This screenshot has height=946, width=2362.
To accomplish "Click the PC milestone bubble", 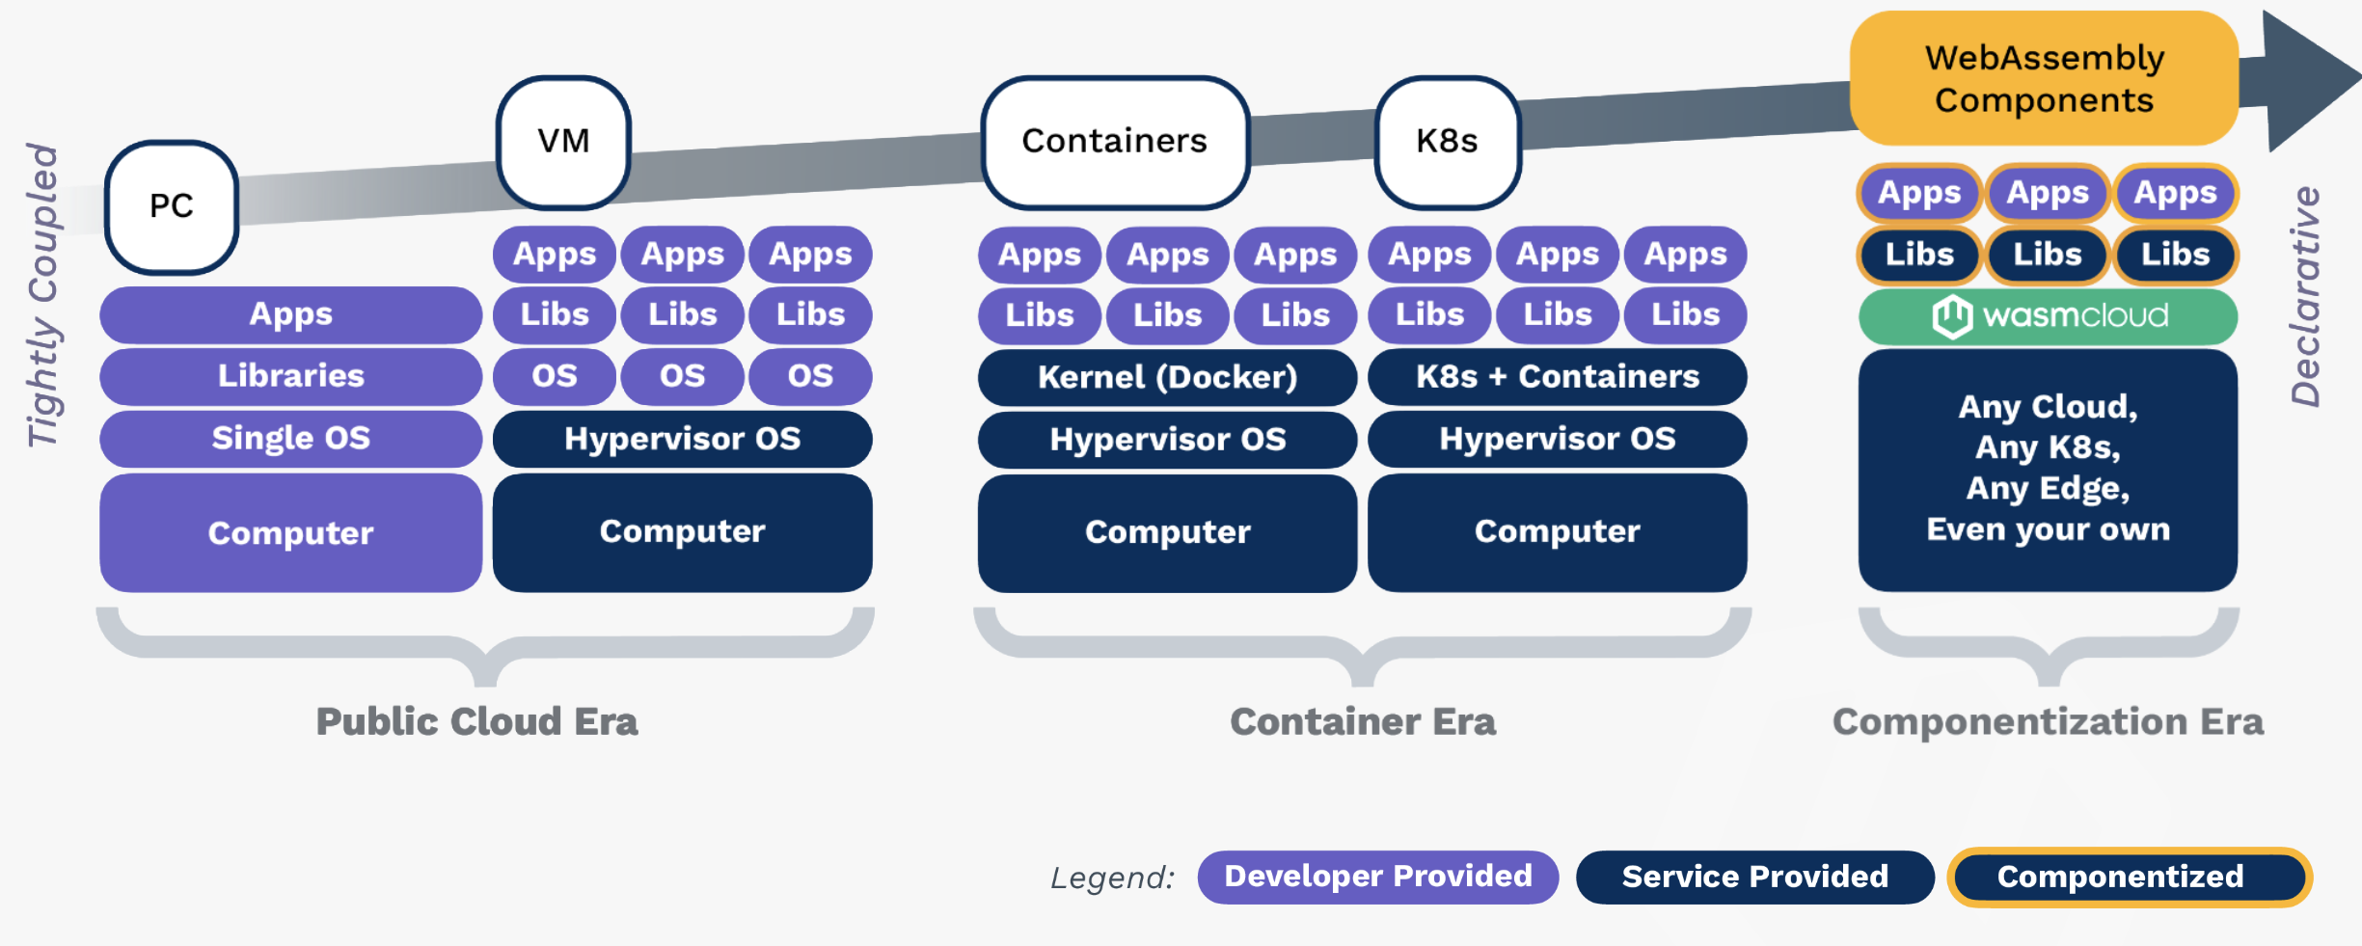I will tap(172, 206).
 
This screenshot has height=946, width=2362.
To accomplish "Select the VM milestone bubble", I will tap(563, 142).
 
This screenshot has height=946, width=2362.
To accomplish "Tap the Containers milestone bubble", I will tap(1114, 142).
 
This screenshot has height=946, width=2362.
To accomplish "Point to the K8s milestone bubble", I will tap(1447, 142).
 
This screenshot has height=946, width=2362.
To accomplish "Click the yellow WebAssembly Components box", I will tap(2044, 79).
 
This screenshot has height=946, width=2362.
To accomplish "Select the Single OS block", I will tap(290, 439).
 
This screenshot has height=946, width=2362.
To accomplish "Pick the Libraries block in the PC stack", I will tap(290, 376).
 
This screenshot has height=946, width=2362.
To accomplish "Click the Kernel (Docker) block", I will tap(1167, 377).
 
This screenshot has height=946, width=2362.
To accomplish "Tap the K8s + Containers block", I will tap(1557, 377).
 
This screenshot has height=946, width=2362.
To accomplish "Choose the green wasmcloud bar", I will tap(2048, 316).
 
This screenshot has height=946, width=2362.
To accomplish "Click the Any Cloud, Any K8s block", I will tap(2048, 470).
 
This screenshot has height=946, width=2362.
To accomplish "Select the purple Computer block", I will tap(290, 533).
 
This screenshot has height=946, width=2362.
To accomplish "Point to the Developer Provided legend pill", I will tap(1377, 877).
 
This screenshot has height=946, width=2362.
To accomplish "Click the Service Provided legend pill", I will tap(1754, 877).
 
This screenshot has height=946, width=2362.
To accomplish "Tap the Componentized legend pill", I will tap(2129, 877).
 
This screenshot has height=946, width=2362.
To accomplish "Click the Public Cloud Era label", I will tap(476, 722).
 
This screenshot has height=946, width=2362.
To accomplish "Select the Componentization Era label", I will tap(2048, 722).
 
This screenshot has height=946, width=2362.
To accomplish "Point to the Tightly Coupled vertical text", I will tap(42, 295).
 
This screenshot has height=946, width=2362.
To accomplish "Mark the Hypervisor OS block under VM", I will tap(682, 439).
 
